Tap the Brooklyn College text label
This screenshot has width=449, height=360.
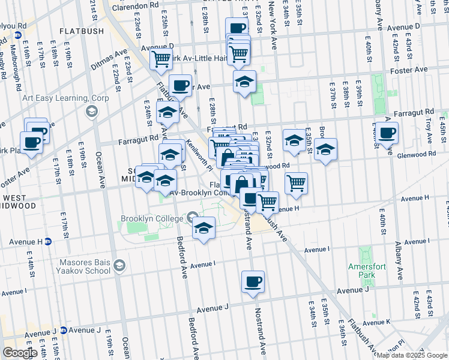tap(151, 218)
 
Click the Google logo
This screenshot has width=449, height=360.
tap(20, 352)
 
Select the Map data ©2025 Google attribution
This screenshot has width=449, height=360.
tap(411, 355)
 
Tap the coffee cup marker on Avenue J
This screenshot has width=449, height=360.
tap(253, 281)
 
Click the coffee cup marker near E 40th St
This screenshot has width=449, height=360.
tap(388, 133)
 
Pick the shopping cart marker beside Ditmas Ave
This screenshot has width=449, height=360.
tap(160, 59)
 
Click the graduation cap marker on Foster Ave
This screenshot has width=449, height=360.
tap(244, 82)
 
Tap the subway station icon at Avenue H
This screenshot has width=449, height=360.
tap(49, 242)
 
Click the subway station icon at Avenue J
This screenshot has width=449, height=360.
tap(62, 331)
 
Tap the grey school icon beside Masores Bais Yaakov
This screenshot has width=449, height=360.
tap(119, 265)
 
